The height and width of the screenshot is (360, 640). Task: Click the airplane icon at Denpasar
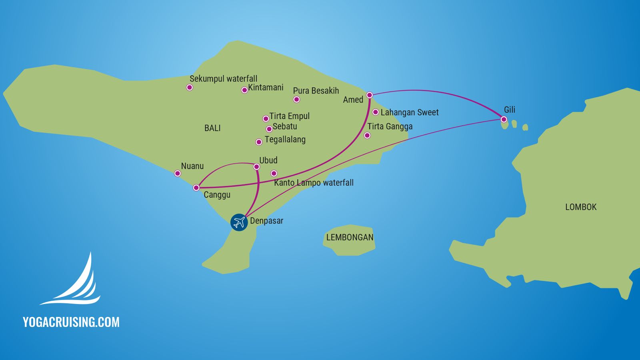pos(239,222)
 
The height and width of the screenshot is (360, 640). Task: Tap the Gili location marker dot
pos(504,119)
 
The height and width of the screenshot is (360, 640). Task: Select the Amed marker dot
pos(370,95)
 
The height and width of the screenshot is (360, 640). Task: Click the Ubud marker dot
pos(256,167)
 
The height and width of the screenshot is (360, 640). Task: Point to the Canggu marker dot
pos(196,188)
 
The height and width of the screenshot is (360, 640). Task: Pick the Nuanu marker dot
pos(178,173)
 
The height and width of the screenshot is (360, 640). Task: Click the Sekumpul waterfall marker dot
pos(190,87)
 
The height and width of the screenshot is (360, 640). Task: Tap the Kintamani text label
pos(266,87)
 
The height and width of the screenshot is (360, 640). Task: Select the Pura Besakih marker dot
pos(296,100)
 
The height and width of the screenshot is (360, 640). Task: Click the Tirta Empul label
pos(289,116)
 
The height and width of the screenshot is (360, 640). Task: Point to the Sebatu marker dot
pos(269,129)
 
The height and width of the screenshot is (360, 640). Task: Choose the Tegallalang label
pos(285,140)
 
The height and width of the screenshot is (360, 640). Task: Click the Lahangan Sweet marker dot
pos(375,112)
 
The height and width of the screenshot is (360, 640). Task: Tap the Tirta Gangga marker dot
pos(367,136)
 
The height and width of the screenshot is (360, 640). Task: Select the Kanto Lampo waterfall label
pos(314,183)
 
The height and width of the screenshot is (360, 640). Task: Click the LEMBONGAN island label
pos(350,237)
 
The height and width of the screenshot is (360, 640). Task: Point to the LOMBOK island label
pos(581,207)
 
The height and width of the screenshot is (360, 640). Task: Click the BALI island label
pos(212,128)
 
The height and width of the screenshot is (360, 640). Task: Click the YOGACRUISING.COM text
pos(71,322)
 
